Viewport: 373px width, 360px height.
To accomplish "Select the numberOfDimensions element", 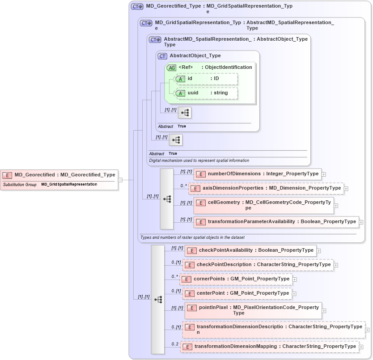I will pos(258,174).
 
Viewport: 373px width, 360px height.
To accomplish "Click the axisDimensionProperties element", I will pos(266,188).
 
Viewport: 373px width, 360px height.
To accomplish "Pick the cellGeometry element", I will pos(263,205).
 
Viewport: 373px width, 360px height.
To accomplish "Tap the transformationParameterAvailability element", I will pos(276,221).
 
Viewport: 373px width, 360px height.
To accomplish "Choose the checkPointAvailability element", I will pos(250,250).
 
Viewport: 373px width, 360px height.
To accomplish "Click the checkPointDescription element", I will pos(258,265).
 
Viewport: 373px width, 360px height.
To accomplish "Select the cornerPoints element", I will pos(236,279).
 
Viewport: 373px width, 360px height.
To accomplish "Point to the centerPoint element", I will pos(236,293).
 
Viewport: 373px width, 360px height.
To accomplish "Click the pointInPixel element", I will pos(253,310).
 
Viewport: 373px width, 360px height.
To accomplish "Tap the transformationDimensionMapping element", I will pos(270,347).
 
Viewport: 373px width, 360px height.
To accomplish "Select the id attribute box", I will pos(206,79).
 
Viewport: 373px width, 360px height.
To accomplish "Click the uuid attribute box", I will pos(206,93).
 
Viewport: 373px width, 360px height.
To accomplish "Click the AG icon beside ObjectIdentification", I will pos(171,68).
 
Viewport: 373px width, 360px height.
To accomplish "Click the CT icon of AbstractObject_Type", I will pos(163,56).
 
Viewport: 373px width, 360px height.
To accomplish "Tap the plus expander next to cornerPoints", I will pos(295,280).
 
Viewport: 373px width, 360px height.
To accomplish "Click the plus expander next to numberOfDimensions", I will pos(324,174).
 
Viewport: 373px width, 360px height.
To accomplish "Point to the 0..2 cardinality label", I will pos(175,344).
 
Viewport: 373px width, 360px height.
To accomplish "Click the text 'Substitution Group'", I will pos(20,184).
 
